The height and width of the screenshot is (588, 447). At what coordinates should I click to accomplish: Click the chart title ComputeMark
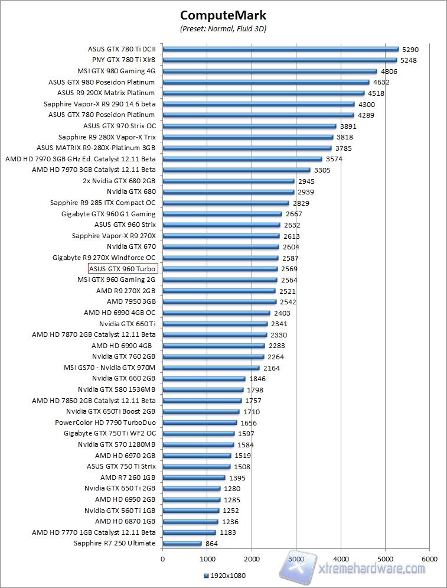tap(223, 14)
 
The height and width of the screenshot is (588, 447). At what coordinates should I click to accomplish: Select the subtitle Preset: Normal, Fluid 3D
tap(223, 28)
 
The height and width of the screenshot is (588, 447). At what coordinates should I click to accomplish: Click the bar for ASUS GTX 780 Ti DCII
tap(280, 49)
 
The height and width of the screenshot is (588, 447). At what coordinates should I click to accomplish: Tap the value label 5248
tap(409, 60)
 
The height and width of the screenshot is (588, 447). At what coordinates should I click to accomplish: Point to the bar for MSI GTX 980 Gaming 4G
tap(269, 71)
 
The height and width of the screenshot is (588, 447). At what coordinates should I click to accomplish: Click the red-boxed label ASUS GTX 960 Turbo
tap(122, 269)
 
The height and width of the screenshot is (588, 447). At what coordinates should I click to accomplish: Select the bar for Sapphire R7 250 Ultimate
tap(182, 544)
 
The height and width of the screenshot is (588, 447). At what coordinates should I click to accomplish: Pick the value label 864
tap(211, 544)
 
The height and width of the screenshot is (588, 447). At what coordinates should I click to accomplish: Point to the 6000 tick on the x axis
tap(430, 558)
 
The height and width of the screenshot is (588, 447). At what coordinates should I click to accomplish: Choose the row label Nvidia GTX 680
tap(131, 192)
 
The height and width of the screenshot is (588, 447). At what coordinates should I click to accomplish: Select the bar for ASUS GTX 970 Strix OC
tap(249, 126)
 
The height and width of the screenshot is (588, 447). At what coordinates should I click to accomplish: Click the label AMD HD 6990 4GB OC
tap(119, 313)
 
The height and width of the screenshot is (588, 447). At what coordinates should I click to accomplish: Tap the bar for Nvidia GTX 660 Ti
tap(215, 324)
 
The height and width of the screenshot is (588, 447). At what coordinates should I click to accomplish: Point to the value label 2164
tap(272, 368)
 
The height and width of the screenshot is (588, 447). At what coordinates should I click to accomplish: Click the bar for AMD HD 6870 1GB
tap(190, 522)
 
